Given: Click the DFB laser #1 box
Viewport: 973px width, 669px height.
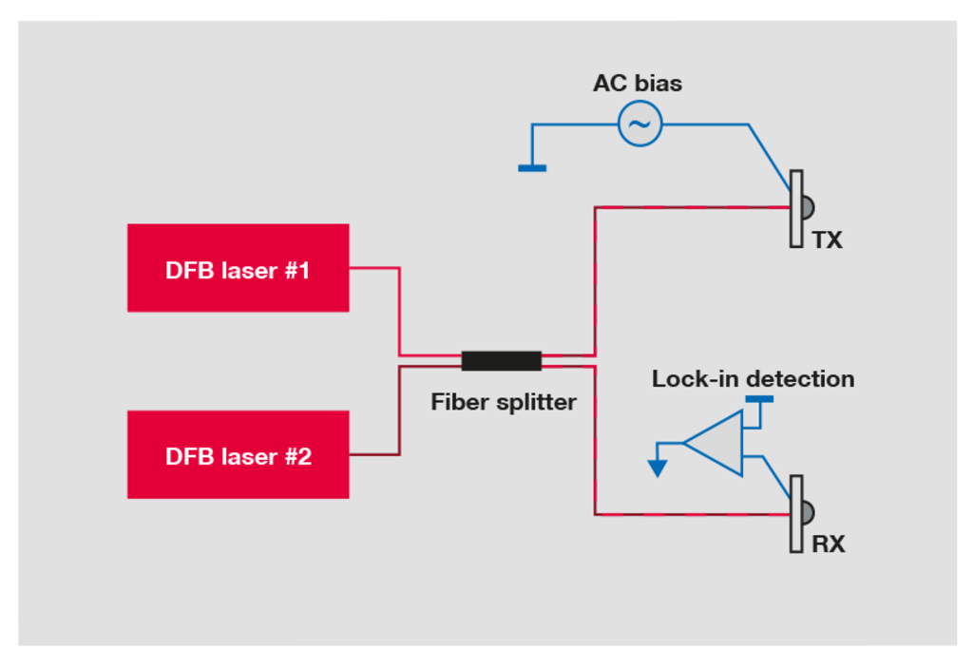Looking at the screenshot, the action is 238,268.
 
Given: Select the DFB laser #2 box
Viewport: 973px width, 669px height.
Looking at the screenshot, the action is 238,454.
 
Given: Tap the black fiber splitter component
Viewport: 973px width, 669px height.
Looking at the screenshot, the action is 502,360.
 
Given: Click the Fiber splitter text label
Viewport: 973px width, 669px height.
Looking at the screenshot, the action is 504,403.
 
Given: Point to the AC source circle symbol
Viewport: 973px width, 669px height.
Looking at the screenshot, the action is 639,124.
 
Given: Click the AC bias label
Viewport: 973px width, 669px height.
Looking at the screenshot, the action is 638,84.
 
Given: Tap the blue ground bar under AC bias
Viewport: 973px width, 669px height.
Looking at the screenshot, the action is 532,168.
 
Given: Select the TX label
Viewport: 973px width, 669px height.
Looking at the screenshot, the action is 828,240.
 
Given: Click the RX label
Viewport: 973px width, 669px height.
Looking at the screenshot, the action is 828,545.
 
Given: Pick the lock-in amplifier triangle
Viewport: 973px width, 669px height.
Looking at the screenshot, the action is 714,443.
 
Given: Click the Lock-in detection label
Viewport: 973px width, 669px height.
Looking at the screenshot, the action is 753,378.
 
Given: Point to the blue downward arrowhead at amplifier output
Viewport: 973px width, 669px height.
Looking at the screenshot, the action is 658,468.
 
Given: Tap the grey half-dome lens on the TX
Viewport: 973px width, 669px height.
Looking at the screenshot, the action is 808,208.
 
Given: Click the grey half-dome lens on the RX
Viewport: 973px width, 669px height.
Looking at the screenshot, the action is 808,512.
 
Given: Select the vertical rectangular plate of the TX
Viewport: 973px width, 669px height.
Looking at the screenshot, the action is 796,209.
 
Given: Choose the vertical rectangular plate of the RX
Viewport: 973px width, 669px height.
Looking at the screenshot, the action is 796,514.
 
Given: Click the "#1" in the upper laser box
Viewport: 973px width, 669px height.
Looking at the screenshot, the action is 297,271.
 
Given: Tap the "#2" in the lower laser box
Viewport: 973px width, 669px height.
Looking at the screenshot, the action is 297,457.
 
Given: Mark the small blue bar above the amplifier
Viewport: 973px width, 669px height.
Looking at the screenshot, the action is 759,400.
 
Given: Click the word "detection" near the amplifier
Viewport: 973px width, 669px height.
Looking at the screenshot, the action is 800,378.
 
